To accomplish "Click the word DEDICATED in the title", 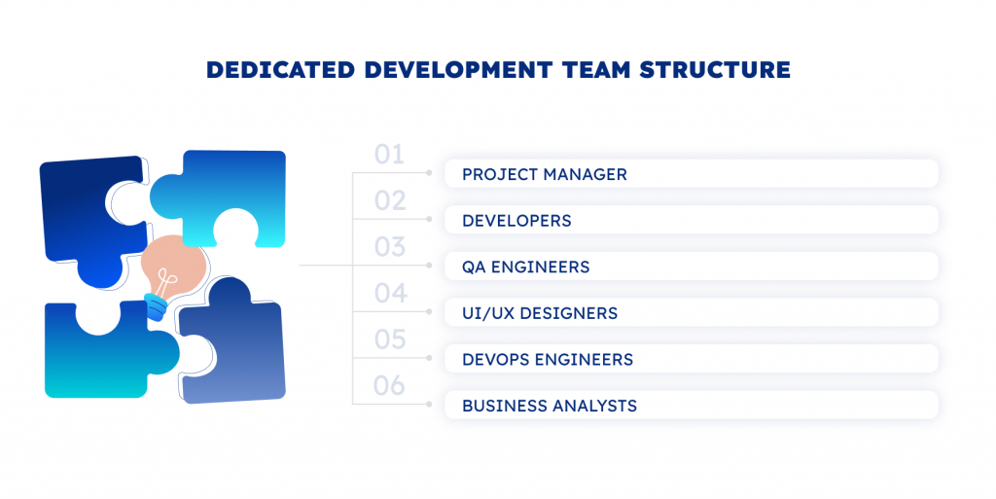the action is [280, 70].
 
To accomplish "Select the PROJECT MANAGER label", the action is [545, 174].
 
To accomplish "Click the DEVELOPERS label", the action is [516, 221].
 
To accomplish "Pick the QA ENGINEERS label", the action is [525, 267].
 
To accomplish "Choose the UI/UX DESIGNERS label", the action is [539, 313].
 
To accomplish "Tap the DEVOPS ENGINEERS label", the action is [548, 359].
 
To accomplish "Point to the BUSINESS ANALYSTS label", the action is [550, 406].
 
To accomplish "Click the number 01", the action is [389, 155].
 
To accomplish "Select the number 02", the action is [389, 200].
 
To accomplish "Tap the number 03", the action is [389, 247].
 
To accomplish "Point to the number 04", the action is [390, 294].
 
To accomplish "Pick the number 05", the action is [389, 339].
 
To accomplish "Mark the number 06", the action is [389, 385].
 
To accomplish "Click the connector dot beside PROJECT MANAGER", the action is [429, 173].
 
